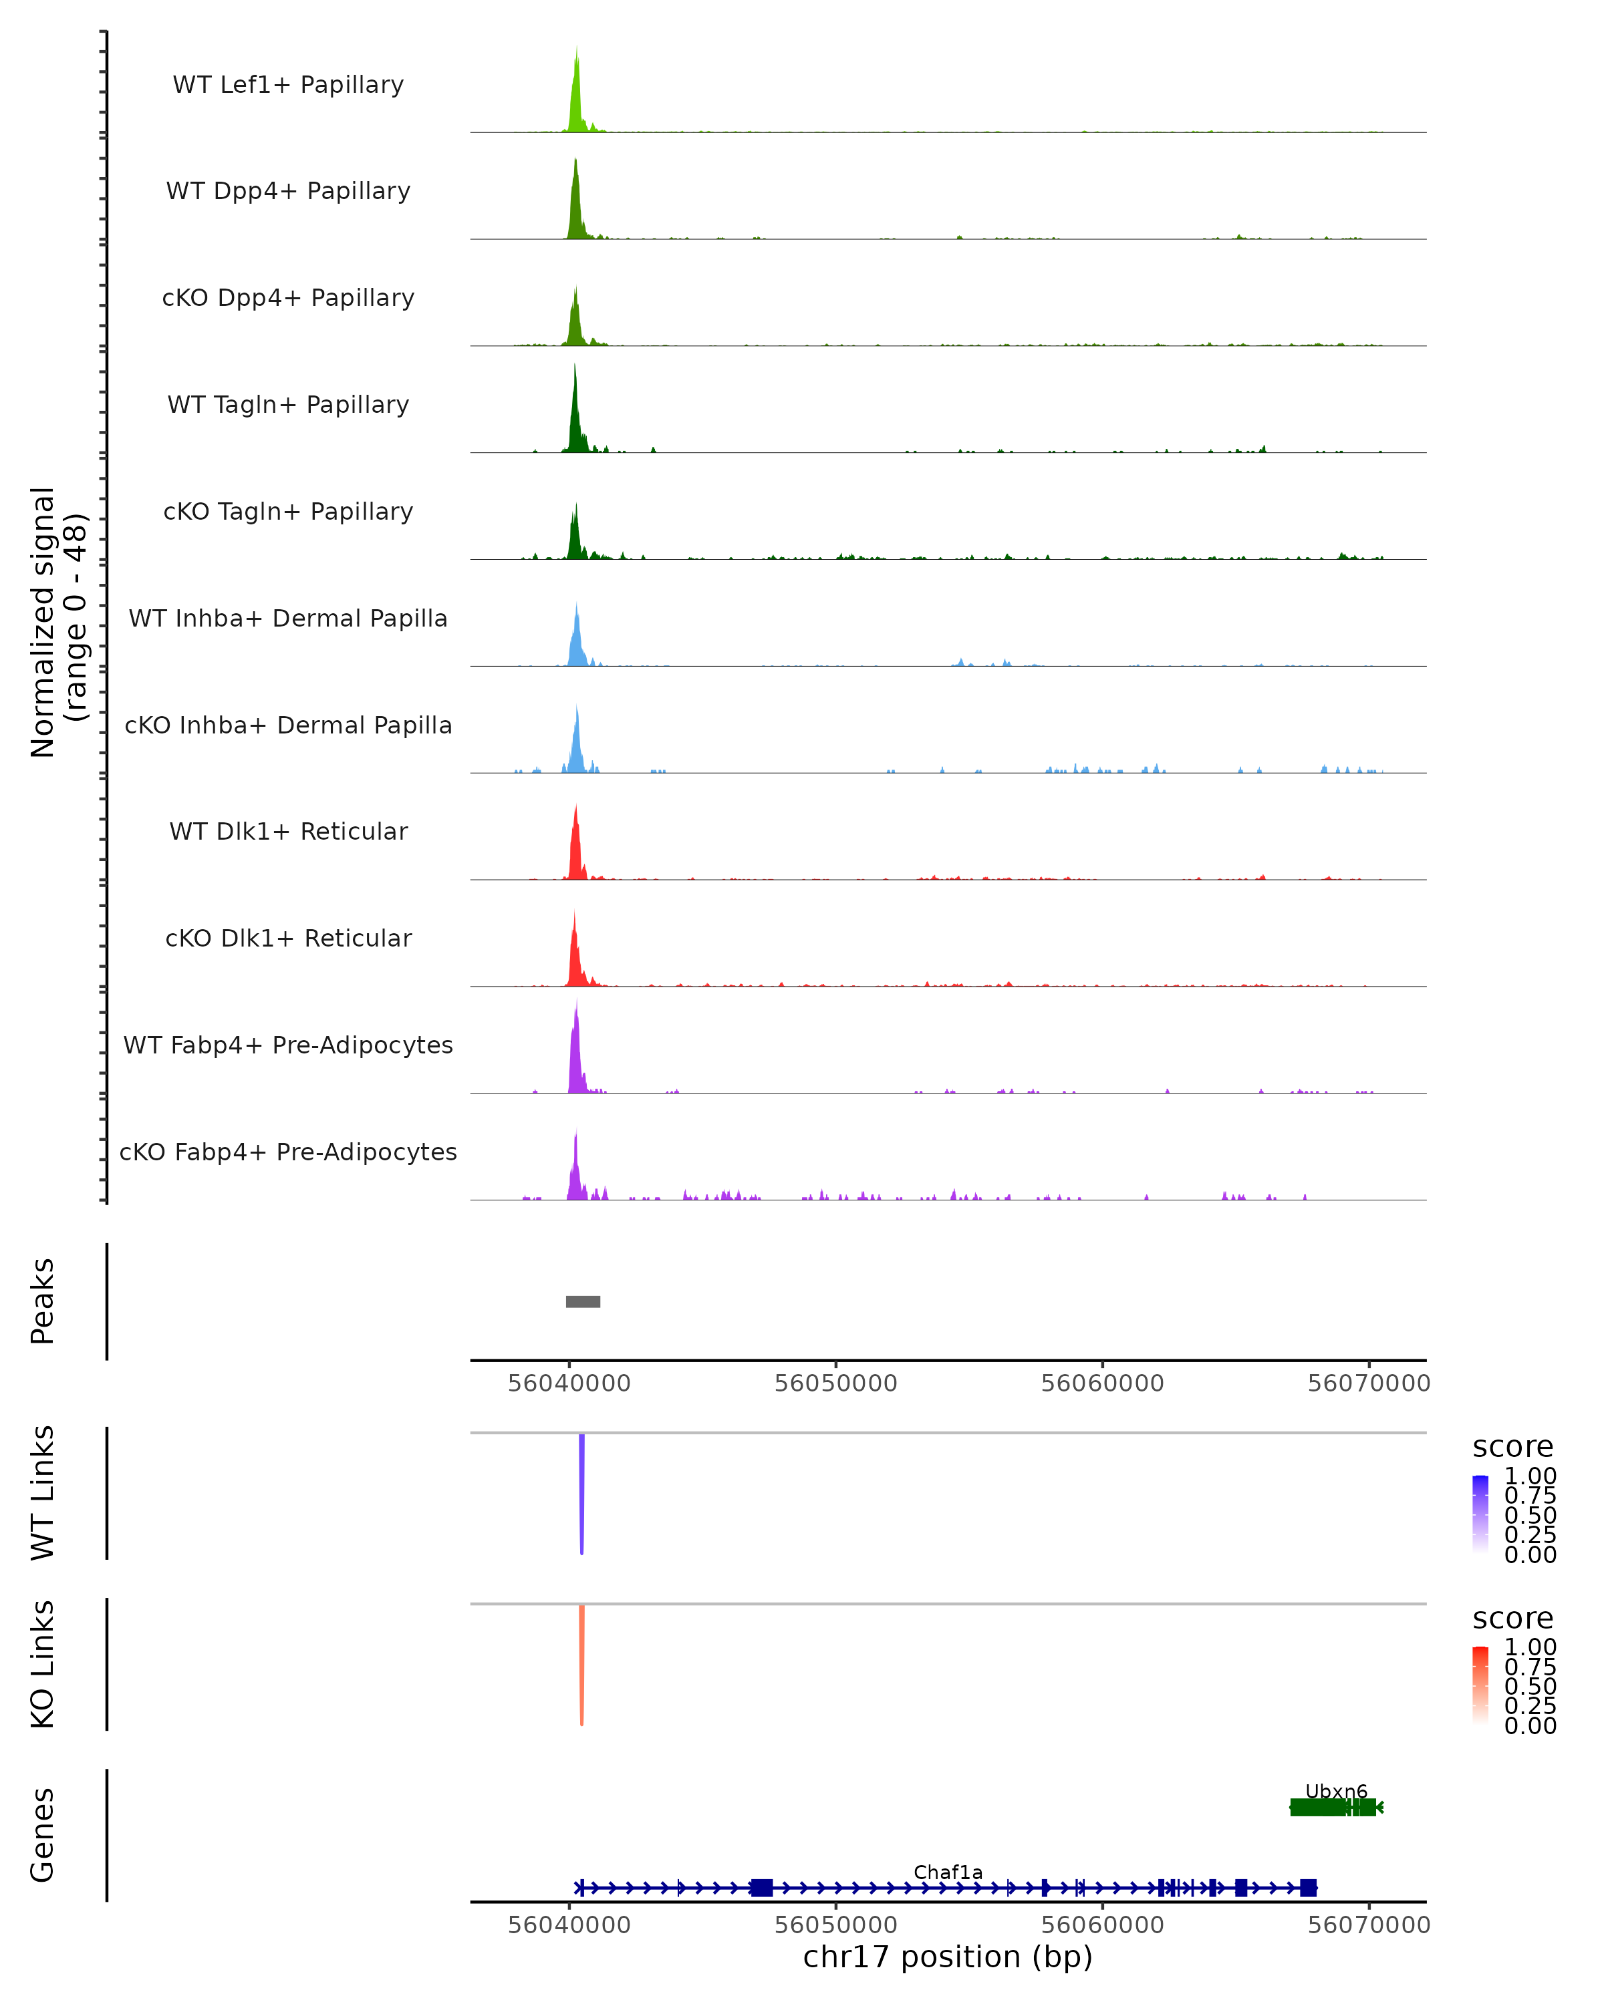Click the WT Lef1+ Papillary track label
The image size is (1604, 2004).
point(288,85)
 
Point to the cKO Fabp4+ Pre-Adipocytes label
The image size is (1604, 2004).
point(288,1152)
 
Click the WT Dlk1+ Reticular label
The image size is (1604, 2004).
point(288,831)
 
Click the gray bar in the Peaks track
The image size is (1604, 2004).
point(583,1301)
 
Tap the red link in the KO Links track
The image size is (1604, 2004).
point(581,1664)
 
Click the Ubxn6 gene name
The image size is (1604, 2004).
point(1336,1791)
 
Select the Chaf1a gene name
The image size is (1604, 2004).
point(948,1872)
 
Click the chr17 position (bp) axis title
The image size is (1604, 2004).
point(948,1957)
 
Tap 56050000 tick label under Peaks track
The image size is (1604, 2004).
point(836,1383)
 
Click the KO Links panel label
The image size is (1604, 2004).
point(43,1664)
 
